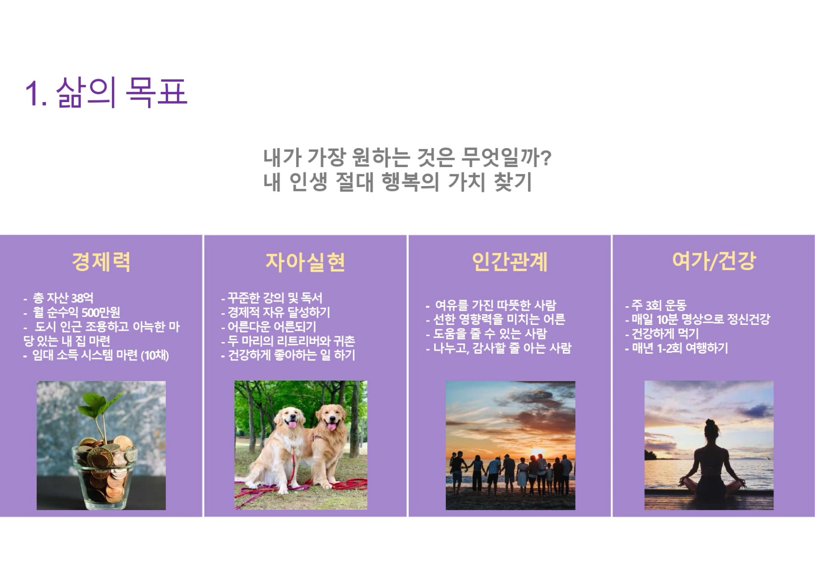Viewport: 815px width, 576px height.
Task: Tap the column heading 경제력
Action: coord(101,261)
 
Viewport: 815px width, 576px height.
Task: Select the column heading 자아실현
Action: coord(305,262)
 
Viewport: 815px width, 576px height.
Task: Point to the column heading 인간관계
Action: coord(509,261)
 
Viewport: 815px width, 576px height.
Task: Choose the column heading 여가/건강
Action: coord(714,261)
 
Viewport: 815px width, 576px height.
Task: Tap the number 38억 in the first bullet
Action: coord(82,298)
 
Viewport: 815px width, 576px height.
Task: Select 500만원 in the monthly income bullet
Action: coord(100,312)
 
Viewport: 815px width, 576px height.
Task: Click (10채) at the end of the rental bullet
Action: coord(155,355)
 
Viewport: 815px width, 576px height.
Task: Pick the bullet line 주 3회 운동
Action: coord(656,305)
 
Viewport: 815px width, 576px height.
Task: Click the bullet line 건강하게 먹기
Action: coord(662,334)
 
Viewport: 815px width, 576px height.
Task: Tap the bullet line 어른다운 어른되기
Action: coord(268,327)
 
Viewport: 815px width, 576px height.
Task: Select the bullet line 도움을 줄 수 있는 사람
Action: coord(486,334)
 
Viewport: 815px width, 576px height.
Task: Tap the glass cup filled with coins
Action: coord(104,475)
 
